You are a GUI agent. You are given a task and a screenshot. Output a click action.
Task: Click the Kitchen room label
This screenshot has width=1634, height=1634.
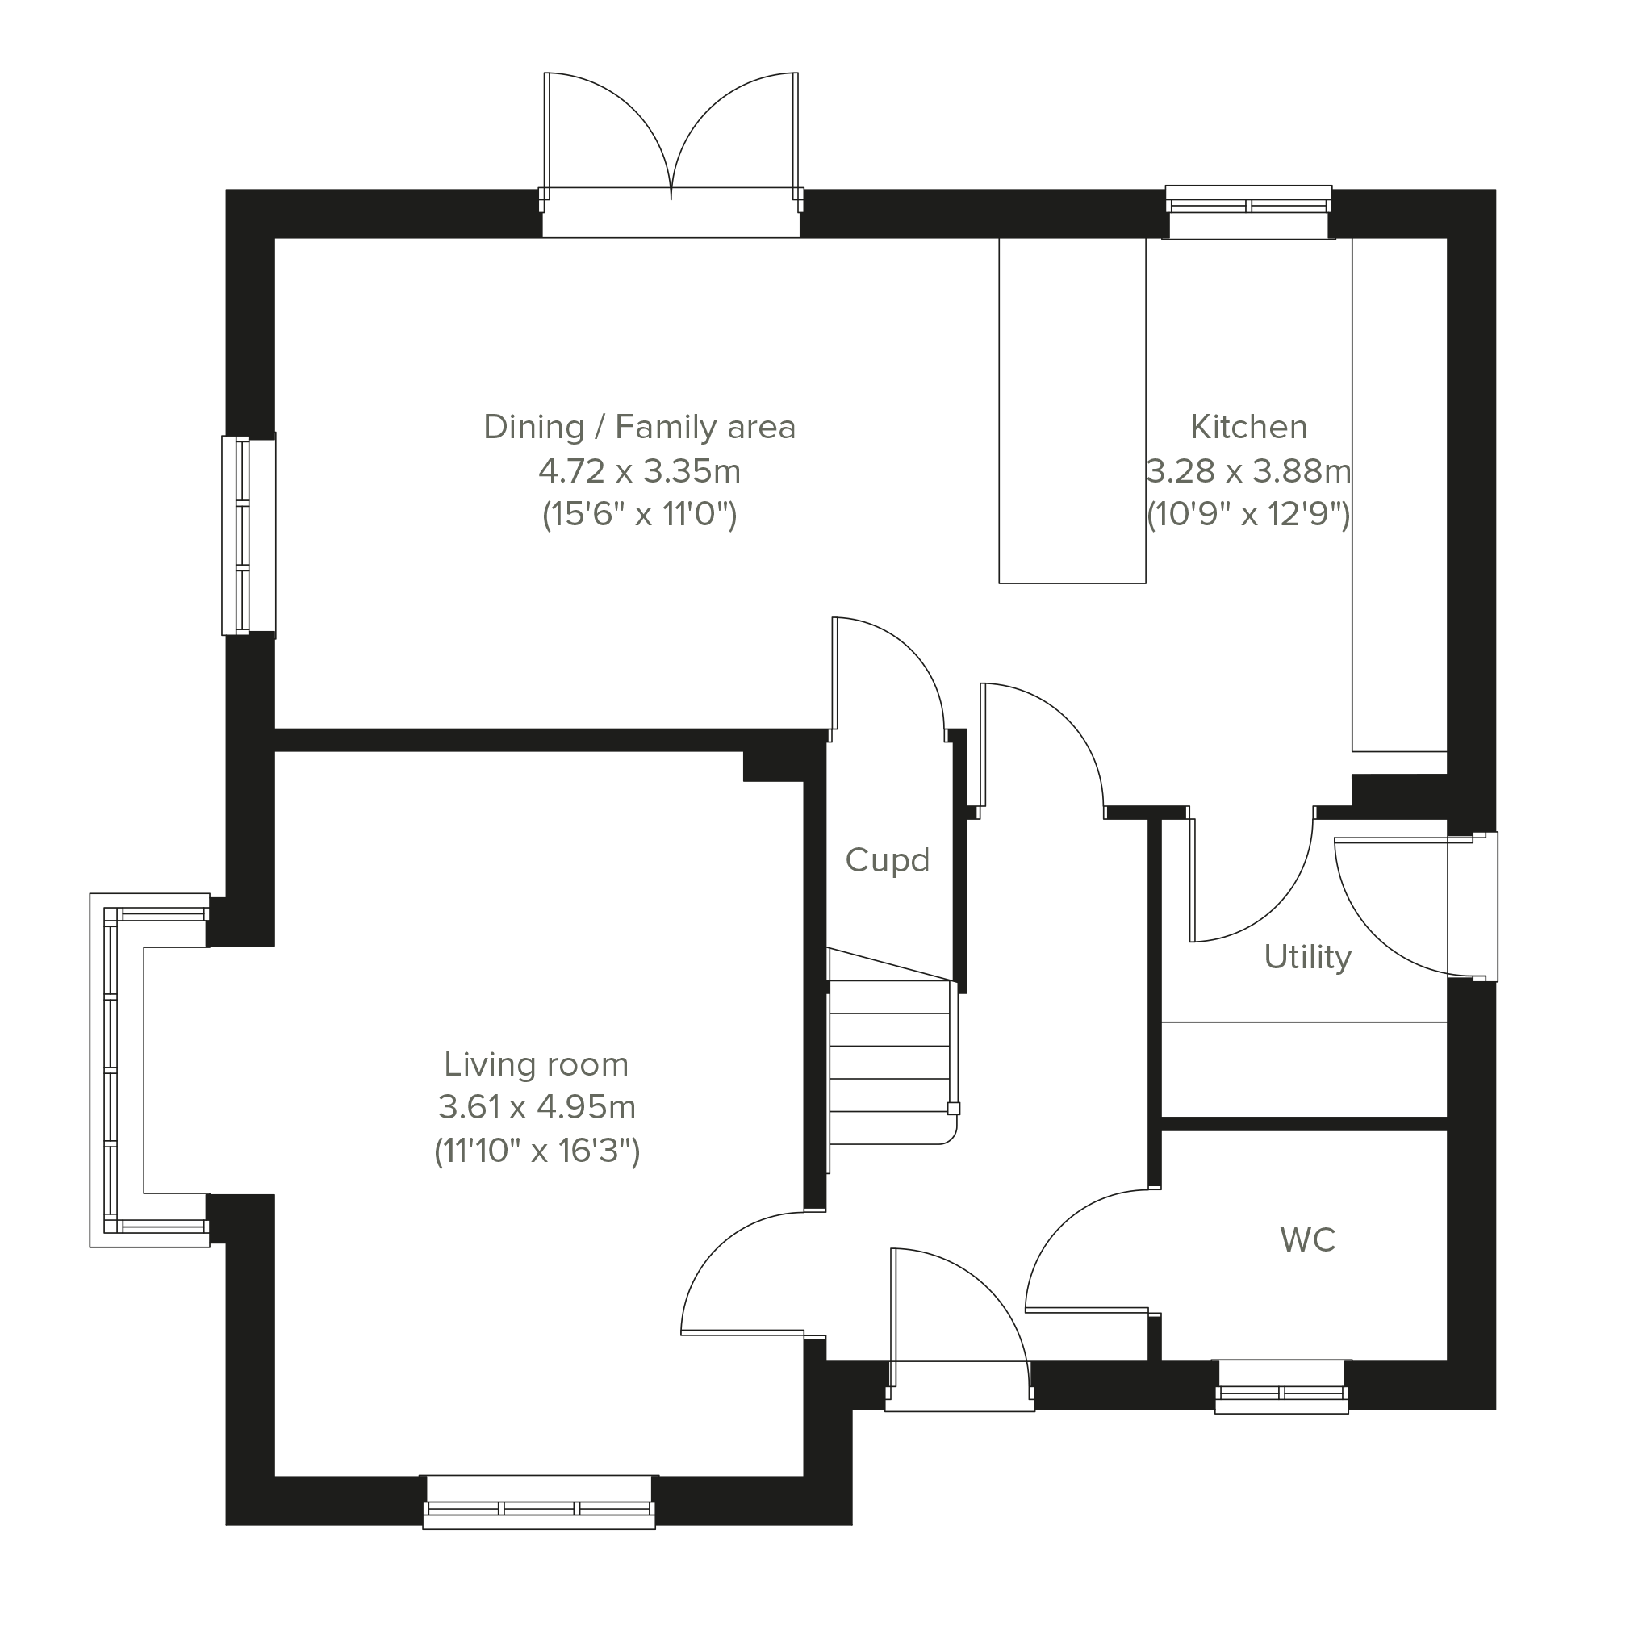[x=1248, y=427]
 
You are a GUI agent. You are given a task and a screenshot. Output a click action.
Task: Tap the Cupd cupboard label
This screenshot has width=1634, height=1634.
[x=887, y=860]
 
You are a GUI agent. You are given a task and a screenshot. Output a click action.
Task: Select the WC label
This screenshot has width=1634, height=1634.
[x=1307, y=1241]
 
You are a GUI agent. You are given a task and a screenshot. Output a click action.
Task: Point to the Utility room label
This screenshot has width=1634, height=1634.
[x=1307, y=957]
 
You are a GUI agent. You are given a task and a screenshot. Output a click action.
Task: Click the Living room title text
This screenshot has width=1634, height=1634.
[x=537, y=1064]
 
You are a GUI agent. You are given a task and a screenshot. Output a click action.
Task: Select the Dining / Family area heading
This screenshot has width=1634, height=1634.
[x=639, y=427]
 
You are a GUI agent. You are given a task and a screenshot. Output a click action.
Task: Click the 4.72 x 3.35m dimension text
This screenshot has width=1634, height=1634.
[x=639, y=471]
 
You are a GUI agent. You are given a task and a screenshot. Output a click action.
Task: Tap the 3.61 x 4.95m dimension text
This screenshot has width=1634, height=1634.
[x=537, y=1106]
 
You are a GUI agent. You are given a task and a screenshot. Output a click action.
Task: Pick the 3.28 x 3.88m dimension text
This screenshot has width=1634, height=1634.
[x=1248, y=471]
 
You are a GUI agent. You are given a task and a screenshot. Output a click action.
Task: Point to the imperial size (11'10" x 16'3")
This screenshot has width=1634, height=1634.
[x=537, y=1151]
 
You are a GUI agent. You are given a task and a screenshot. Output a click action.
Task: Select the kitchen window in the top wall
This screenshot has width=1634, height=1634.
[x=1248, y=211]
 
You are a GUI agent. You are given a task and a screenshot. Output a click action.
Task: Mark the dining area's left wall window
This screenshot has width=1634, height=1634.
[x=249, y=534]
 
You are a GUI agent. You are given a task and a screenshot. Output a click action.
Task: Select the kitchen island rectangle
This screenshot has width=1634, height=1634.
[x=1072, y=410]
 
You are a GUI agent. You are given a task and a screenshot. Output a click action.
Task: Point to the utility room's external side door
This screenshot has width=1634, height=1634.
[x=1416, y=907]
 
